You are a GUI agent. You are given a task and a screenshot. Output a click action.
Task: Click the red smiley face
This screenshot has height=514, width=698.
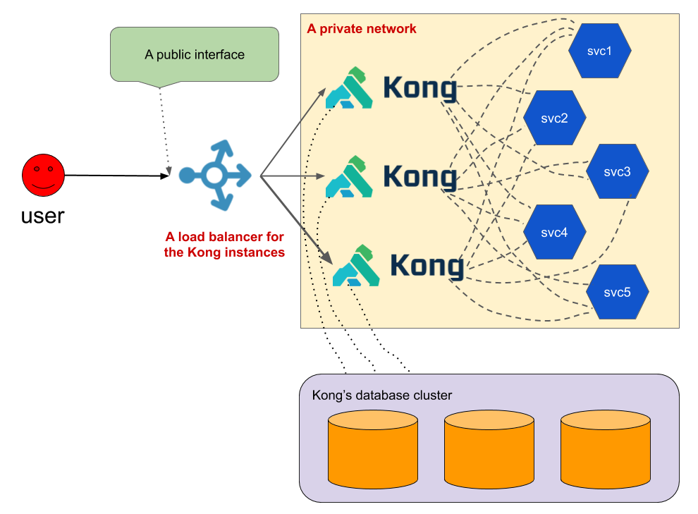coord(43,175)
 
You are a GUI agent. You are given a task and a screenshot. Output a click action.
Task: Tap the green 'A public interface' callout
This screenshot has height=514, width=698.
coord(195,54)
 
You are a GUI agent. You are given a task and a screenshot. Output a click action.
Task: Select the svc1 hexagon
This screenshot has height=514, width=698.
coord(599,51)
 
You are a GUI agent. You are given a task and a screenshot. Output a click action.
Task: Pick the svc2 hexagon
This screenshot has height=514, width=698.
coord(554,118)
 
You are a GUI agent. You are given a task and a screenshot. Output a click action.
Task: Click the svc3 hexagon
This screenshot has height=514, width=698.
coord(617,172)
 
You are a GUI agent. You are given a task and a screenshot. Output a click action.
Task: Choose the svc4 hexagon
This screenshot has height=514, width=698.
coord(554,233)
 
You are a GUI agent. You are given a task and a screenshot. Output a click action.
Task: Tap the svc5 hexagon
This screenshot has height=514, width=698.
coord(617,292)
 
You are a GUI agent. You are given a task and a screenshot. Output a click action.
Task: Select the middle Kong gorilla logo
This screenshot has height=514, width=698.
coord(349,176)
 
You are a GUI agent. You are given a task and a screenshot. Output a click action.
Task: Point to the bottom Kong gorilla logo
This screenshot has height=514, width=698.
coord(356,266)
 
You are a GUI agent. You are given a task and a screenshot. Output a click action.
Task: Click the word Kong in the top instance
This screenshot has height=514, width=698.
coord(420,88)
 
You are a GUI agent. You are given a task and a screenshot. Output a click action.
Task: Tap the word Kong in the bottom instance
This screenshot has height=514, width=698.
coord(427,266)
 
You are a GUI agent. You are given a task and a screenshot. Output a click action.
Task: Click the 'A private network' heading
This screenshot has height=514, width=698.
coord(362,29)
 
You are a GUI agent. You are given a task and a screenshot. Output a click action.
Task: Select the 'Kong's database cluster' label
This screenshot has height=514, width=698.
coord(381,396)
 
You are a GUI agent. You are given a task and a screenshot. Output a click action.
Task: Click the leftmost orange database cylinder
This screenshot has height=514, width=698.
coord(373,450)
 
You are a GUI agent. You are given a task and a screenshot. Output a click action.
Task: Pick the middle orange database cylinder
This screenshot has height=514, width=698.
coord(489,450)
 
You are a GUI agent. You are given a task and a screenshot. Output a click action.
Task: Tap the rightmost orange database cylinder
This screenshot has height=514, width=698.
coord(606,450)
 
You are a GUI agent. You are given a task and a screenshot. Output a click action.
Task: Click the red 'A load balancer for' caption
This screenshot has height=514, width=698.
coord(224,237)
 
